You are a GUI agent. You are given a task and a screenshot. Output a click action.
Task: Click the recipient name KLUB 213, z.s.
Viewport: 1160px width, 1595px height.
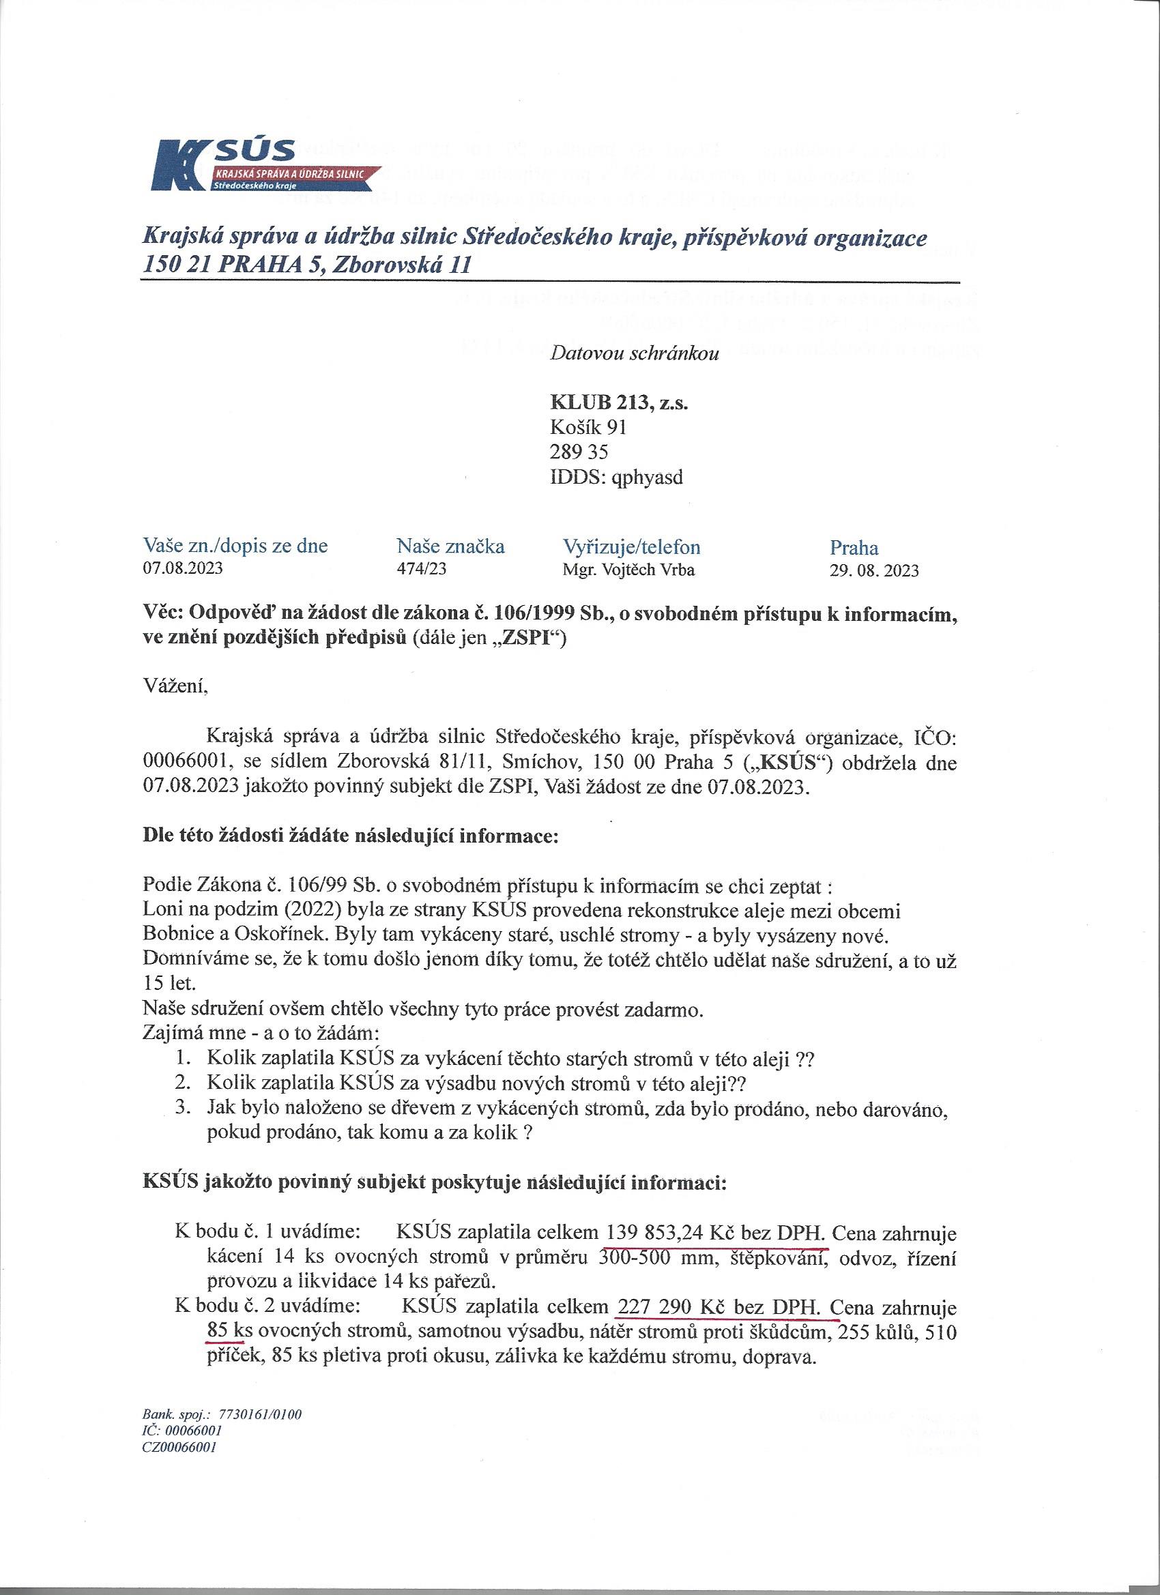click(618, 403)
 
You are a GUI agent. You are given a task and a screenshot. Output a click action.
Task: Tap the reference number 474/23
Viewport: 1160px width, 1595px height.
click(422, 569)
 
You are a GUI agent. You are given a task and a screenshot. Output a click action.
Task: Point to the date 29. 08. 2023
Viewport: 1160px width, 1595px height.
click(873, 570)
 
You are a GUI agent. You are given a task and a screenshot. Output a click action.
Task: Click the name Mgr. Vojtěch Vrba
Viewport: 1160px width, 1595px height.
click(628, 570)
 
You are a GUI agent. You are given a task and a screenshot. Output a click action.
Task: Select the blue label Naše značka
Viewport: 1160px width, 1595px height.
click(450, 546)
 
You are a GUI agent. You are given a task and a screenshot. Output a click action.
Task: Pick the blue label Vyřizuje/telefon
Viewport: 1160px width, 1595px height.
click(631, 546)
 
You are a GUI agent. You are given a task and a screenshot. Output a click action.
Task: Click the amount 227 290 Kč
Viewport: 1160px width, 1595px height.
click(680, 1307)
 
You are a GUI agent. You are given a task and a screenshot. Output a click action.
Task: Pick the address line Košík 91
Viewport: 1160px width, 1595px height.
click(588, 428)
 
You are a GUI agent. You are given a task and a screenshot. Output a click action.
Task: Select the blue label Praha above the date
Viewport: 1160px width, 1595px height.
click(854, 547)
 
